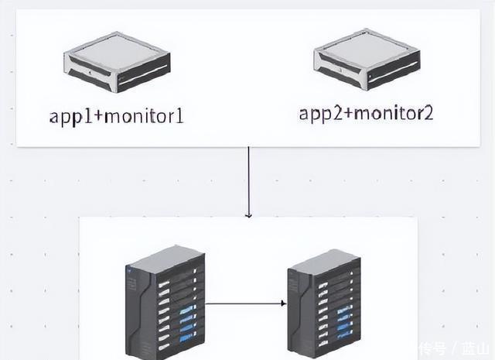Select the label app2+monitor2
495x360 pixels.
tap(366, 113)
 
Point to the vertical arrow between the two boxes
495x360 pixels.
tap(248, 178)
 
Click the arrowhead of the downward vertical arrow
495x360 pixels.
tap(248, 214)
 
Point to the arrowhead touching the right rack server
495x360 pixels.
tap(283, 303)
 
